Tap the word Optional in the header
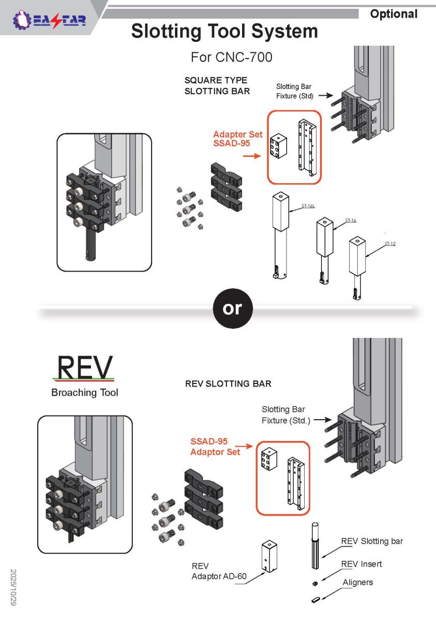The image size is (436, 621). (x=394, y=14)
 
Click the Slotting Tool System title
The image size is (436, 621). (x=224, y=32)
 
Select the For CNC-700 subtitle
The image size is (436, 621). (x=231, y=56)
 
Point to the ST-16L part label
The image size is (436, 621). (x=308, y=206)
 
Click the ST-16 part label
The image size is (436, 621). (x=351, y=220)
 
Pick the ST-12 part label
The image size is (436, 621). (x=389, y=243)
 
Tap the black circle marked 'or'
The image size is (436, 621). (x=232, y=308)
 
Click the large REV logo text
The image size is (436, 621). (x=85, y=367)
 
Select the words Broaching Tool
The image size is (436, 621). (x=85, y=393)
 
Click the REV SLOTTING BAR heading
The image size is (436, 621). (x=228, y=384)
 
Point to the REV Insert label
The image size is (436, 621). (x=362, y=564)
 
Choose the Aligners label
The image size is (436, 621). (x=358, y=582)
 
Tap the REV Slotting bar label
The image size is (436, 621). (x=372, y=541)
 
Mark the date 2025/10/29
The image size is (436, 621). (x=14, y=588)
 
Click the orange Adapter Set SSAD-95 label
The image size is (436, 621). (x=237, y=139)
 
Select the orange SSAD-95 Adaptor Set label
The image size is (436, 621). (x=216, y=447)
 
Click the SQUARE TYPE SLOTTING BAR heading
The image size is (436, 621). (x=217, y=86)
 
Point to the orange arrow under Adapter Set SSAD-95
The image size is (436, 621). (x=252, y=155)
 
